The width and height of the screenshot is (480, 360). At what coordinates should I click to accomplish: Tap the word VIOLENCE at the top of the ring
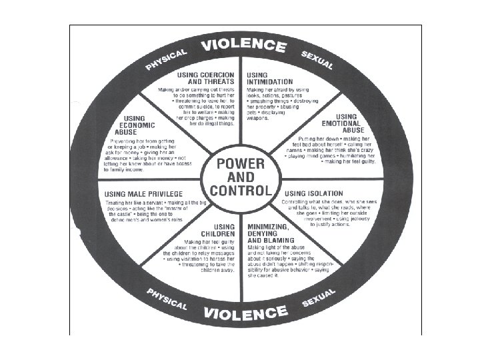(244, 47)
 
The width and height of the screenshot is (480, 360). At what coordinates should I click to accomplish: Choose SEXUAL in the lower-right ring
(317, 298)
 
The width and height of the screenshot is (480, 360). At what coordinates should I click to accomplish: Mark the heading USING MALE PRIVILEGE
(145, 193)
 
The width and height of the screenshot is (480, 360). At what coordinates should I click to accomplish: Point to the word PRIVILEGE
(165, 193)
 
